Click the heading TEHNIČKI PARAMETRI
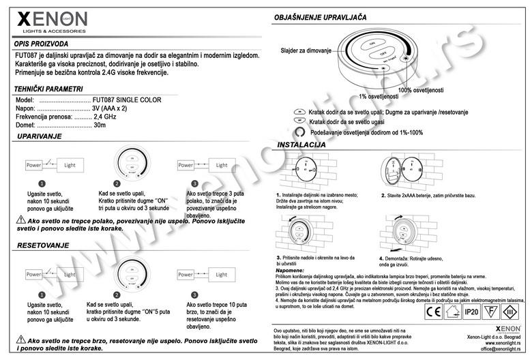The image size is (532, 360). tap(48, 89)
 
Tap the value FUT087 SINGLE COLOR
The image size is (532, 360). tap(127, 100)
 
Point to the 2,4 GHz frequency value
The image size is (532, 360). tap(106, 117)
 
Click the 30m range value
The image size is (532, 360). tap(100, 125)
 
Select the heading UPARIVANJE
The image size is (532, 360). tap(39, 136)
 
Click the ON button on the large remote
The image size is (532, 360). tap(372, 44)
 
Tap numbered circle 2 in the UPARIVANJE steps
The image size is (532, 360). tap(117, 183)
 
